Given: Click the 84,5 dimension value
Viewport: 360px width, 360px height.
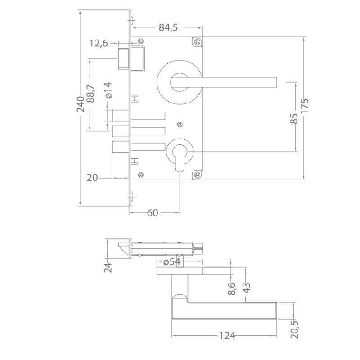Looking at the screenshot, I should tap(168, 28).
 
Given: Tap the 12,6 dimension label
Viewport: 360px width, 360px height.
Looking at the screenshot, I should tap(99, 44).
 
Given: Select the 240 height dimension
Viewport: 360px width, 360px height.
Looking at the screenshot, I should tap(81, 104).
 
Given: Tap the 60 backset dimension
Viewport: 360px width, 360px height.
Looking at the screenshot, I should tap(153, 213).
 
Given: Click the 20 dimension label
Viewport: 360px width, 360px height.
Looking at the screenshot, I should tap(92, 178).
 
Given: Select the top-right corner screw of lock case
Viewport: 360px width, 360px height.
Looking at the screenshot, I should tap(197, 43).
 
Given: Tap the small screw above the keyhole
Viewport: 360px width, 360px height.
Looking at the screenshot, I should tap(180, 124).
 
